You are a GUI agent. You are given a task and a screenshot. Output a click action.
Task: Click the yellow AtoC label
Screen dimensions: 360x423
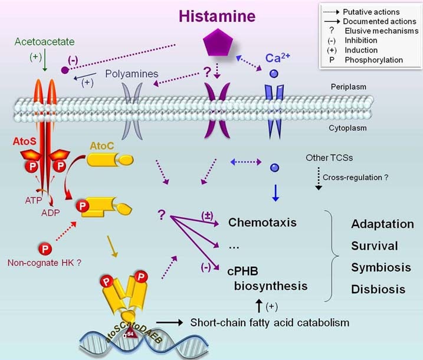pos(101,144)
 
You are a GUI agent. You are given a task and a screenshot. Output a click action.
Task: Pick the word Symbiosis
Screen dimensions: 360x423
pos(381,267)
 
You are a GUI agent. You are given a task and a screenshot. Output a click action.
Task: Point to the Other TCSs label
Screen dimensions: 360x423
pos(329,158)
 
